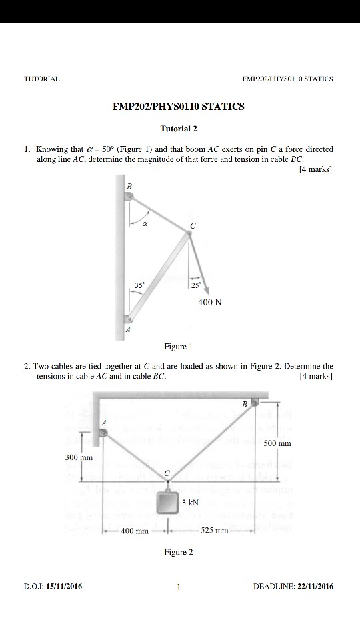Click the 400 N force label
coord(210,302)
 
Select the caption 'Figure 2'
coord(177,552)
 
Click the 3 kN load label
coord(191,502)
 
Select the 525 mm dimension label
coord(215,531)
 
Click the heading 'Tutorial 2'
coord(179,127)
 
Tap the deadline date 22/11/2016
coord(313,586)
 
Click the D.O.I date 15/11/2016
coord(65,586)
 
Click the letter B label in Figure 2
coord(244,404)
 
